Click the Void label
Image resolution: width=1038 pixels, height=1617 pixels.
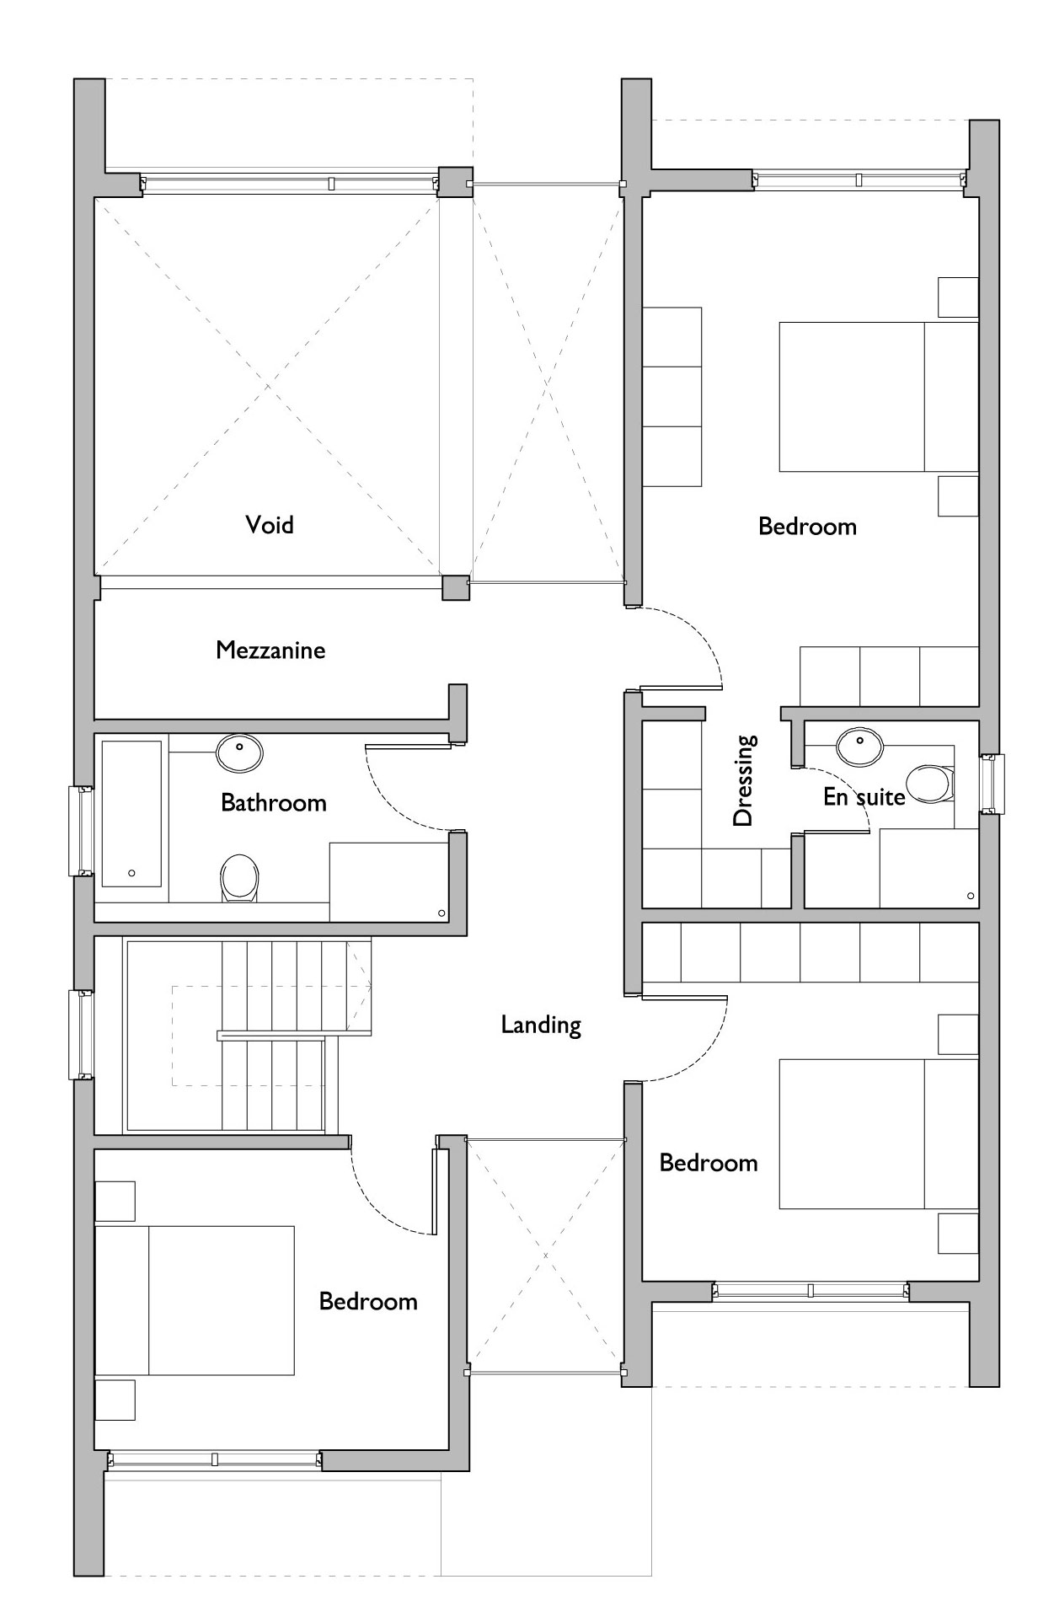[270, 525]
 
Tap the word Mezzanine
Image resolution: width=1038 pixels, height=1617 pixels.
[270, 650]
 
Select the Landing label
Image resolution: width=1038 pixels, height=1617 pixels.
[541, 1025]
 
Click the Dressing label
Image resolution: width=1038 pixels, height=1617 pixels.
[744, 780]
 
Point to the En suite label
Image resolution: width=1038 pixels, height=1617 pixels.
[864, 796]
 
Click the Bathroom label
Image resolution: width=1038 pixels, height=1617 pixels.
[274, 802]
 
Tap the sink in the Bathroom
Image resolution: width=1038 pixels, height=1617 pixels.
[239, 752]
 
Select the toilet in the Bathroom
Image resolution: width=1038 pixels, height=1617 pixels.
[239, 879]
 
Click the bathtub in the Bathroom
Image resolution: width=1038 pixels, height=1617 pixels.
[131, 814]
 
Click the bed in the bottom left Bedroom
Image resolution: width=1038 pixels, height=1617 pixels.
[195, 1300]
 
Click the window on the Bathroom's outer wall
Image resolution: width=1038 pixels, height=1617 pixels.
[82, 831]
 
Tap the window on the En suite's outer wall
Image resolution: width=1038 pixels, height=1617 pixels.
[993, 784]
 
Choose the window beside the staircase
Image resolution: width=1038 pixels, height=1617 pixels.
[82, 1034]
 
